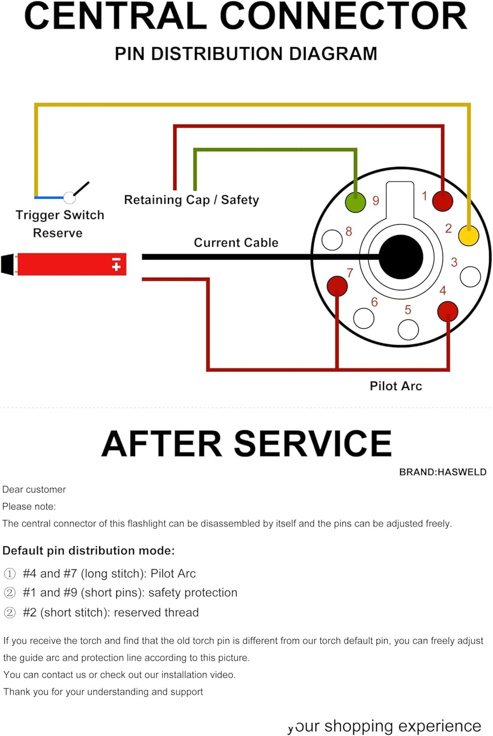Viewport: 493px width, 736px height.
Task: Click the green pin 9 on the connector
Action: pos(356,202)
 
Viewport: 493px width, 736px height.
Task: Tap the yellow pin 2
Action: pos(468,236)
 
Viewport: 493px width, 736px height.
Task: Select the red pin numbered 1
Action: pos(442,201)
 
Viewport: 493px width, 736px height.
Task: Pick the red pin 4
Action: pos(447,311)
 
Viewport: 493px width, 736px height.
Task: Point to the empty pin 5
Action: pos(408,330)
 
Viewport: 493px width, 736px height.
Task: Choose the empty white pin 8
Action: pos(332,240)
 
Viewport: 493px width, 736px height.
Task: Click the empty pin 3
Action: pos(470,277)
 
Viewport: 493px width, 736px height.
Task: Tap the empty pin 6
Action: pos(364,318)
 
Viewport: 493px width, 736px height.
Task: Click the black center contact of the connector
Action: pos(401,257)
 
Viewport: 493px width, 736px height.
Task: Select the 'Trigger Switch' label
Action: pos(60,215)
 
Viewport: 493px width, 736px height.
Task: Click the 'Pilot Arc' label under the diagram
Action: pos(396,386)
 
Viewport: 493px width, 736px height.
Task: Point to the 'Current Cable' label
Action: pos(236,242)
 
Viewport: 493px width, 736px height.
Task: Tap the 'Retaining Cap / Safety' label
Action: pos(191,200)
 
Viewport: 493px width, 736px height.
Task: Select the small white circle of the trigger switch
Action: pos(70,198)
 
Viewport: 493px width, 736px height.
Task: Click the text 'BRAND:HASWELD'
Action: pos(442,472)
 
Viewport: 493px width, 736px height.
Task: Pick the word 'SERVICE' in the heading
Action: pos(313,444)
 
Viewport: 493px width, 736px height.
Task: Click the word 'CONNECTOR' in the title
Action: pos(343,16)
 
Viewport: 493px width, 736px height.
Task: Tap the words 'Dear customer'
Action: pos(34,489)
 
